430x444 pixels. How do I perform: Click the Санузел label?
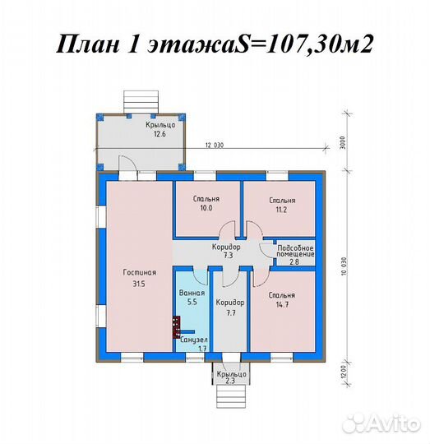(x=194, y=340)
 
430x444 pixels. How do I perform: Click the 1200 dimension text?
(x=340, y=374)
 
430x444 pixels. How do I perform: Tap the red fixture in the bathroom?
(x=176, y=327)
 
